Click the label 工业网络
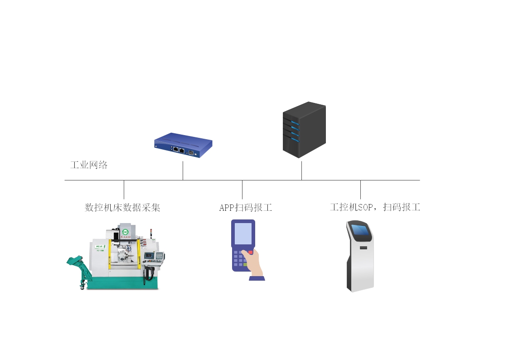(89, 165)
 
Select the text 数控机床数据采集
(122, 208)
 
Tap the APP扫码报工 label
(245, 208)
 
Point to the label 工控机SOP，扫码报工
(375, 208)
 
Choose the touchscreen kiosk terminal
(360, 256)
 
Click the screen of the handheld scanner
(243, 234)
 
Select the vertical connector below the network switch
(183, 170)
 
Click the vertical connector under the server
(301, 170)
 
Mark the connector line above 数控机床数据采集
(124, 190)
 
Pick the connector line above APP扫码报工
(242, 190)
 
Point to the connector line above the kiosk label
(360, 190)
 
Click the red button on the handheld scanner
(250, 252)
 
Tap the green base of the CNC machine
(122, 284)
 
